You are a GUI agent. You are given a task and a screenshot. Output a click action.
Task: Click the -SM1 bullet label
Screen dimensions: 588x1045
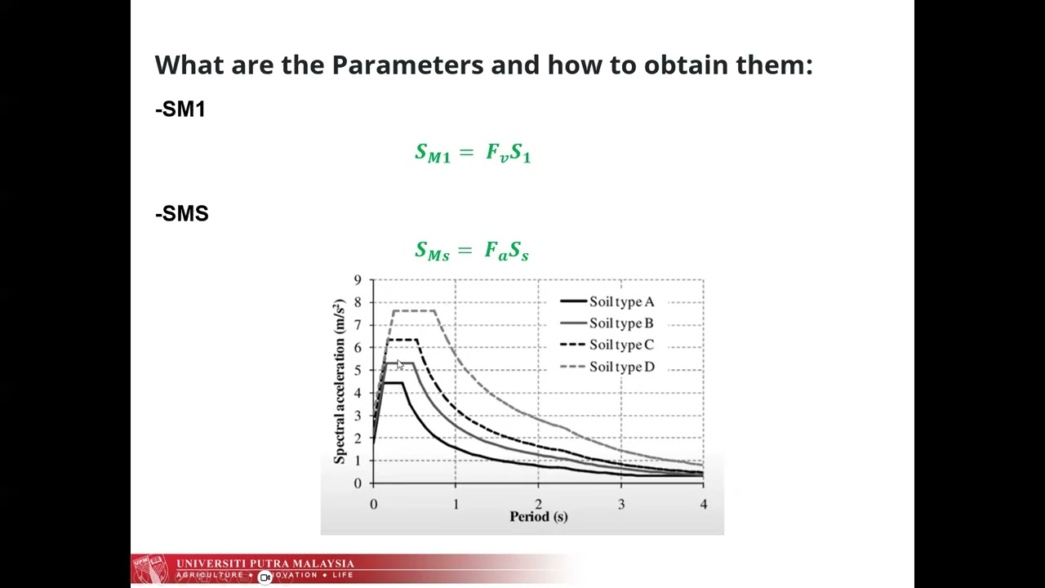pyautogui.click(x=180, y=109)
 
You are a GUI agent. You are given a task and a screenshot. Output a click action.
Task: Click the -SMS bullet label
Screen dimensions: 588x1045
pyautogui.click(x=182, y=214)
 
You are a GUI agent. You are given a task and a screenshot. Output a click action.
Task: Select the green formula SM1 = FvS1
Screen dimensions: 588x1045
pyautogui.click(x=473, y=153)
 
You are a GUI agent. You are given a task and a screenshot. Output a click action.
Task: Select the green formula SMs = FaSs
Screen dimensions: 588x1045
pyautogui.click(x=472, y=251)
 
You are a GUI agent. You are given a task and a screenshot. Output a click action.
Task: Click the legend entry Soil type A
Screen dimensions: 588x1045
pyautogui.click(x=620, y=302)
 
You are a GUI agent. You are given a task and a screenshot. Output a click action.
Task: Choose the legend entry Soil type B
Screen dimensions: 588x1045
pyautogui.click(x=620, y=323)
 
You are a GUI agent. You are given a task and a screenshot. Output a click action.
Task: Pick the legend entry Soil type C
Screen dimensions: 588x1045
pyautogui.click(x=620, y=345)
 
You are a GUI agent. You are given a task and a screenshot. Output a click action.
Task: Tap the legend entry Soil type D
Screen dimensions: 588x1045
pyautogui.click(x=620, y=367)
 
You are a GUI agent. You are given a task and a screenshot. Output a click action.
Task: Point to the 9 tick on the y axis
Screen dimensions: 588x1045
pyautogui.click(x=358, y=280)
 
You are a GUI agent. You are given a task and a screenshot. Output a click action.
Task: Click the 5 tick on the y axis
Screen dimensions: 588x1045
pyautogui.click(x=358, y=371)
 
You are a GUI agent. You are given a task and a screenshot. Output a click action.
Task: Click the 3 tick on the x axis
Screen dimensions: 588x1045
pyautogui.click(x=620, y=505)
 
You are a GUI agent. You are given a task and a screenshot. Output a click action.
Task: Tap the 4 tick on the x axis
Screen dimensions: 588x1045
pyautogui.click(x=703, y=505)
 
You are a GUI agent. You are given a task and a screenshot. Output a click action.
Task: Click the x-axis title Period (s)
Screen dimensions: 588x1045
pyautogui.click(x=538, y=517)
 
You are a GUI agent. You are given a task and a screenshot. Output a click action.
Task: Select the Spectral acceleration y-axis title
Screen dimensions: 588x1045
pyautogui.click(x=340, y=382)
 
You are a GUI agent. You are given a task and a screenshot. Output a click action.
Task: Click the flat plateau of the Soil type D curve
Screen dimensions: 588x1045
pyautogui.click(x=414, y=310)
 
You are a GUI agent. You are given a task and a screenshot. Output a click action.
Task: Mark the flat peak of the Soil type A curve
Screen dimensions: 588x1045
pyautogui.click(x=393, y=383)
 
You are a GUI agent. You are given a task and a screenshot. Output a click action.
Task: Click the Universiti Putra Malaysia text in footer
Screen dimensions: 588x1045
pyautogui.click(x=265, y=563)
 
